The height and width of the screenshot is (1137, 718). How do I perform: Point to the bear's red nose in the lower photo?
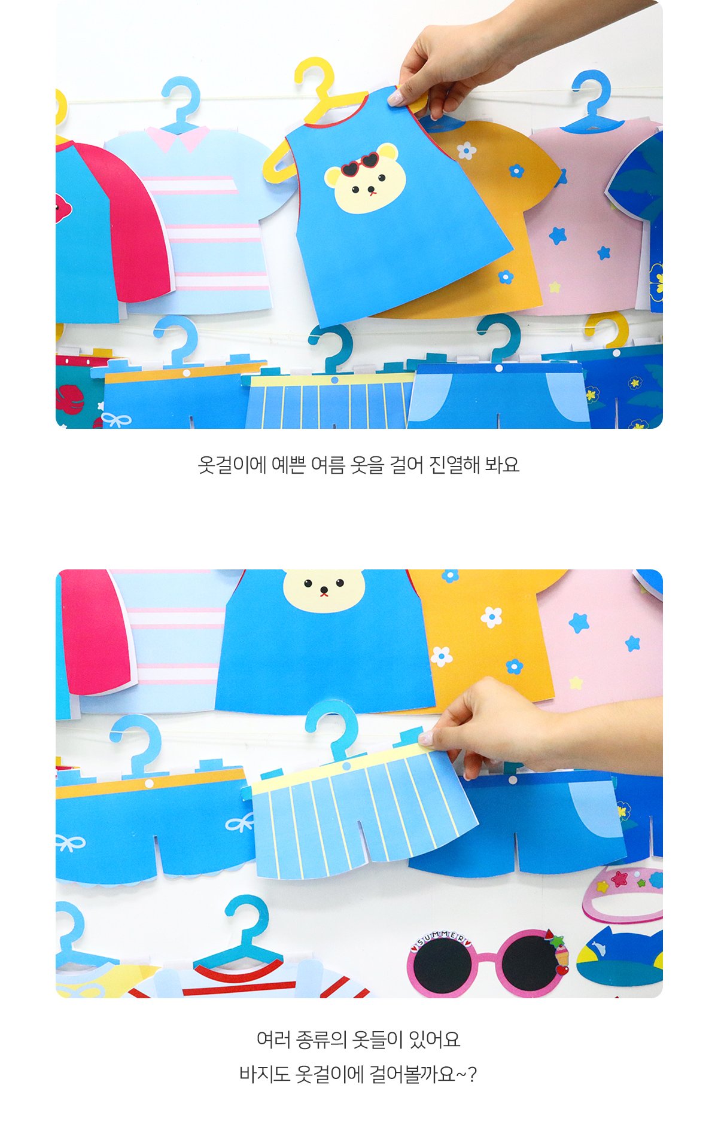[x=324, y=593]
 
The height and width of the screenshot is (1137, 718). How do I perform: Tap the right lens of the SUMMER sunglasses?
[x=529, y=963]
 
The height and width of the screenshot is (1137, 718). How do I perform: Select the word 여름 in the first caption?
[x=328, y=465]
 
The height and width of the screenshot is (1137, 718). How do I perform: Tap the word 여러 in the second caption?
[x=274, y=1040]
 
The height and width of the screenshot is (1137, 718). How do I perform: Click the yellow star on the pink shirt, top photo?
[x=555, y=287]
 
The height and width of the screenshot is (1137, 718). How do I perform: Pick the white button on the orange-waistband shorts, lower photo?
[x=149, y=784]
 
